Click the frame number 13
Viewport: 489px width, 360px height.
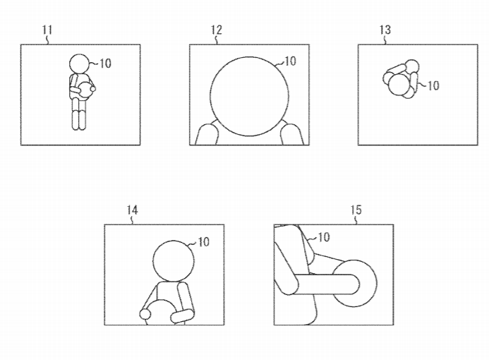click(x=386, y=30)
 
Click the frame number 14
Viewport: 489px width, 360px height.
click(x=133, y=210)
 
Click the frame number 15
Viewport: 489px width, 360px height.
click(x=356, y=210)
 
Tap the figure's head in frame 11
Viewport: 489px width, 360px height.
click(x=80, y=63)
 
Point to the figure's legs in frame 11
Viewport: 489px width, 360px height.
click(x=78, y=118)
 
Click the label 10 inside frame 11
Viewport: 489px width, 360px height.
click(x=104, y=64)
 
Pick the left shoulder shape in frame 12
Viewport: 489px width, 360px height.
click(x=206, y=135)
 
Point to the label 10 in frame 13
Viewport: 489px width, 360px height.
click(x=433, y=85)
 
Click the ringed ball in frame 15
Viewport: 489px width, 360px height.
click(x=357, y=283)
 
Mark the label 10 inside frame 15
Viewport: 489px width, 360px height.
click(x=323, y=237)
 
